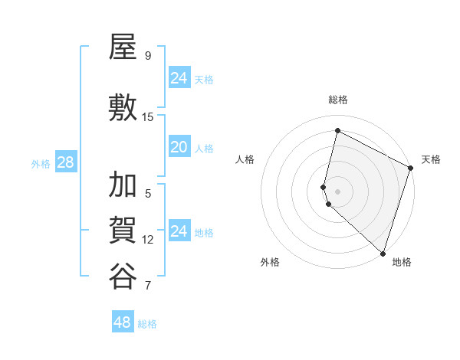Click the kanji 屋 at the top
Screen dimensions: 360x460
pyautogui.click(x=123, y=49)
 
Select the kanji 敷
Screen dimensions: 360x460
pyautogui.click(x=123, y=107)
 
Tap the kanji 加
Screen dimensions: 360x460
pyautogui.click(x=123, y=185)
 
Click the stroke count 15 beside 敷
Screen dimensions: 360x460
pyautogui.click(x=148, y=116)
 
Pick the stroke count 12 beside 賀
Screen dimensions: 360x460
pyautogui.click(x=148, y=239)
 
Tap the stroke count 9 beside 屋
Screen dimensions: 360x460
pyautogui.click(x=148, y=55)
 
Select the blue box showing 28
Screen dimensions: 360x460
pyautogui.click(x=65, y=162)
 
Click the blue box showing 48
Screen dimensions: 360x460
pyautogui.click(x=123, y=322)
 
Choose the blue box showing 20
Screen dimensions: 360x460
pyautogui.click(x=179, y=147)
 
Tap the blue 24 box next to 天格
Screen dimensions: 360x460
pyautogui.click(x=179, y=78)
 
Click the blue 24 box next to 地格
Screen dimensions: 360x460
pyautogui.click(x=179, y=231)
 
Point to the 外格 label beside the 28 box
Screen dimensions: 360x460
pyautogui.click(x=41, y=164)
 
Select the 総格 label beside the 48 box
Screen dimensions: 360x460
pyautogui.click(x=147, y=324)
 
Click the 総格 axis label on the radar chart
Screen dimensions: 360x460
pyautogui.click(x=338, y=100)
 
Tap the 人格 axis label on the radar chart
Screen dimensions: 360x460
pyautogui.click(x=245, y=159)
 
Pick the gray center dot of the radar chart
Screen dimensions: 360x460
pyautogui.click(x=338, y=190)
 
